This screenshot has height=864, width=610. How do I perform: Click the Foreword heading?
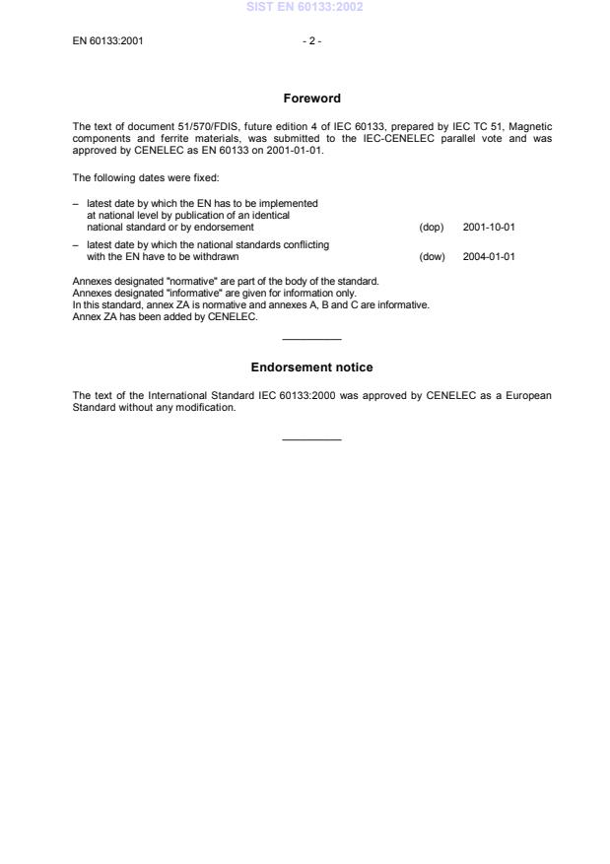pos(311,99)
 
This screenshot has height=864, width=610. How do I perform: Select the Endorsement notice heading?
pos(311,367)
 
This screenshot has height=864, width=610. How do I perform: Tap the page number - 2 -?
pos(311,41)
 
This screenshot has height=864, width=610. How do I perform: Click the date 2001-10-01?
pos(489,227)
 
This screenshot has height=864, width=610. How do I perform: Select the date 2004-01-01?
pos(489,256)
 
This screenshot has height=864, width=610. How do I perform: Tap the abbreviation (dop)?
pos(431,227)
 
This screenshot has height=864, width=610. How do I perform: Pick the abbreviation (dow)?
pos(431,256)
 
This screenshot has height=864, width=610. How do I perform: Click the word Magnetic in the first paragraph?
pos(531,126)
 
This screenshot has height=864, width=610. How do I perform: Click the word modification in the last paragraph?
pos(210,408)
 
